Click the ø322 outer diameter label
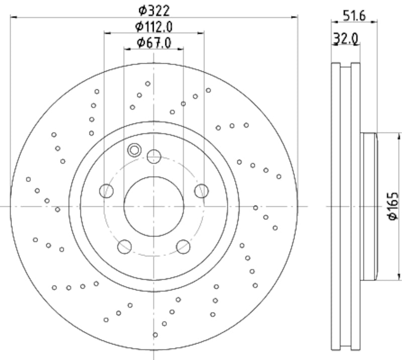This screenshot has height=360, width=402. tap(154, 10)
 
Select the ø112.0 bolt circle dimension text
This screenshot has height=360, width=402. tap(154, 26)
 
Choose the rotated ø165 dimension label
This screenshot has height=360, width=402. tap(392, 206)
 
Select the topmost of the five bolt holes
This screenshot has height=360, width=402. tap(154, 157)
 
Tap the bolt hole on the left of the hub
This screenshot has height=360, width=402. tap(106, 191)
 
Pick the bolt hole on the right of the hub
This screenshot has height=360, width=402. tap(201, 191)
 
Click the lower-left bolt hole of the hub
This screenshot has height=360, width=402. tap(124, 247)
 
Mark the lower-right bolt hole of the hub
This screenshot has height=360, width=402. tap(183, 247)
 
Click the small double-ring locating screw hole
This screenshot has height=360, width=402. tap(134, 149)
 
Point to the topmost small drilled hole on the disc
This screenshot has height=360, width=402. tap(148, 83)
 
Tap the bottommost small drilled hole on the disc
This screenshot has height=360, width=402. tap(155, 335)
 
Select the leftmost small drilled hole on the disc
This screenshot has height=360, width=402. tap(29, 179)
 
